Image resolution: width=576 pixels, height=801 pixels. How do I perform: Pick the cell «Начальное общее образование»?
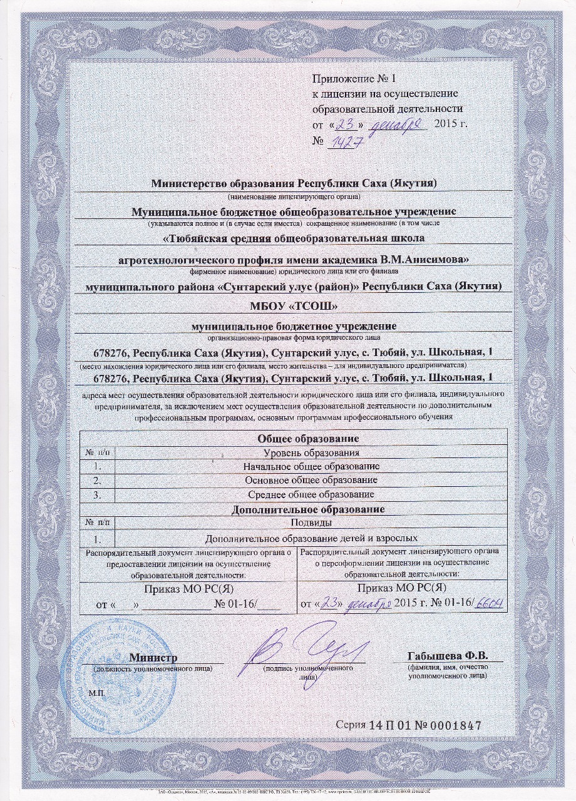coord(311,466)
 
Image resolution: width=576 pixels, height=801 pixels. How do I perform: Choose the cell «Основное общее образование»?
coord(311,480)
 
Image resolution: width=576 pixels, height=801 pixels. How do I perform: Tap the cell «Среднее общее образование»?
coord(311,494)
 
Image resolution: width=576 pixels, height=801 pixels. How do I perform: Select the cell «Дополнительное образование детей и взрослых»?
coord(311,538)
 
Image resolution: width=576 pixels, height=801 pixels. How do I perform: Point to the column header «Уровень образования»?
coord(311,452)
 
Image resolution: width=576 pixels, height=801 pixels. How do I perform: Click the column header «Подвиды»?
coord(311,523)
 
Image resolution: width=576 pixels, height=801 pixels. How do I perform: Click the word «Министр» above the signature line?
coord(153,658)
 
